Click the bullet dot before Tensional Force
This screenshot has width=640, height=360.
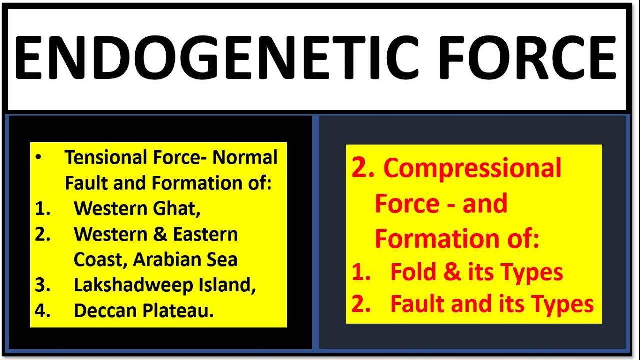39,158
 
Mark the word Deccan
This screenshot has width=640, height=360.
105,311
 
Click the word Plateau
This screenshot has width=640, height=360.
179,311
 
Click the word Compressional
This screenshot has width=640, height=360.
472,168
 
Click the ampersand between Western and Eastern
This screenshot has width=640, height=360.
160,234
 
